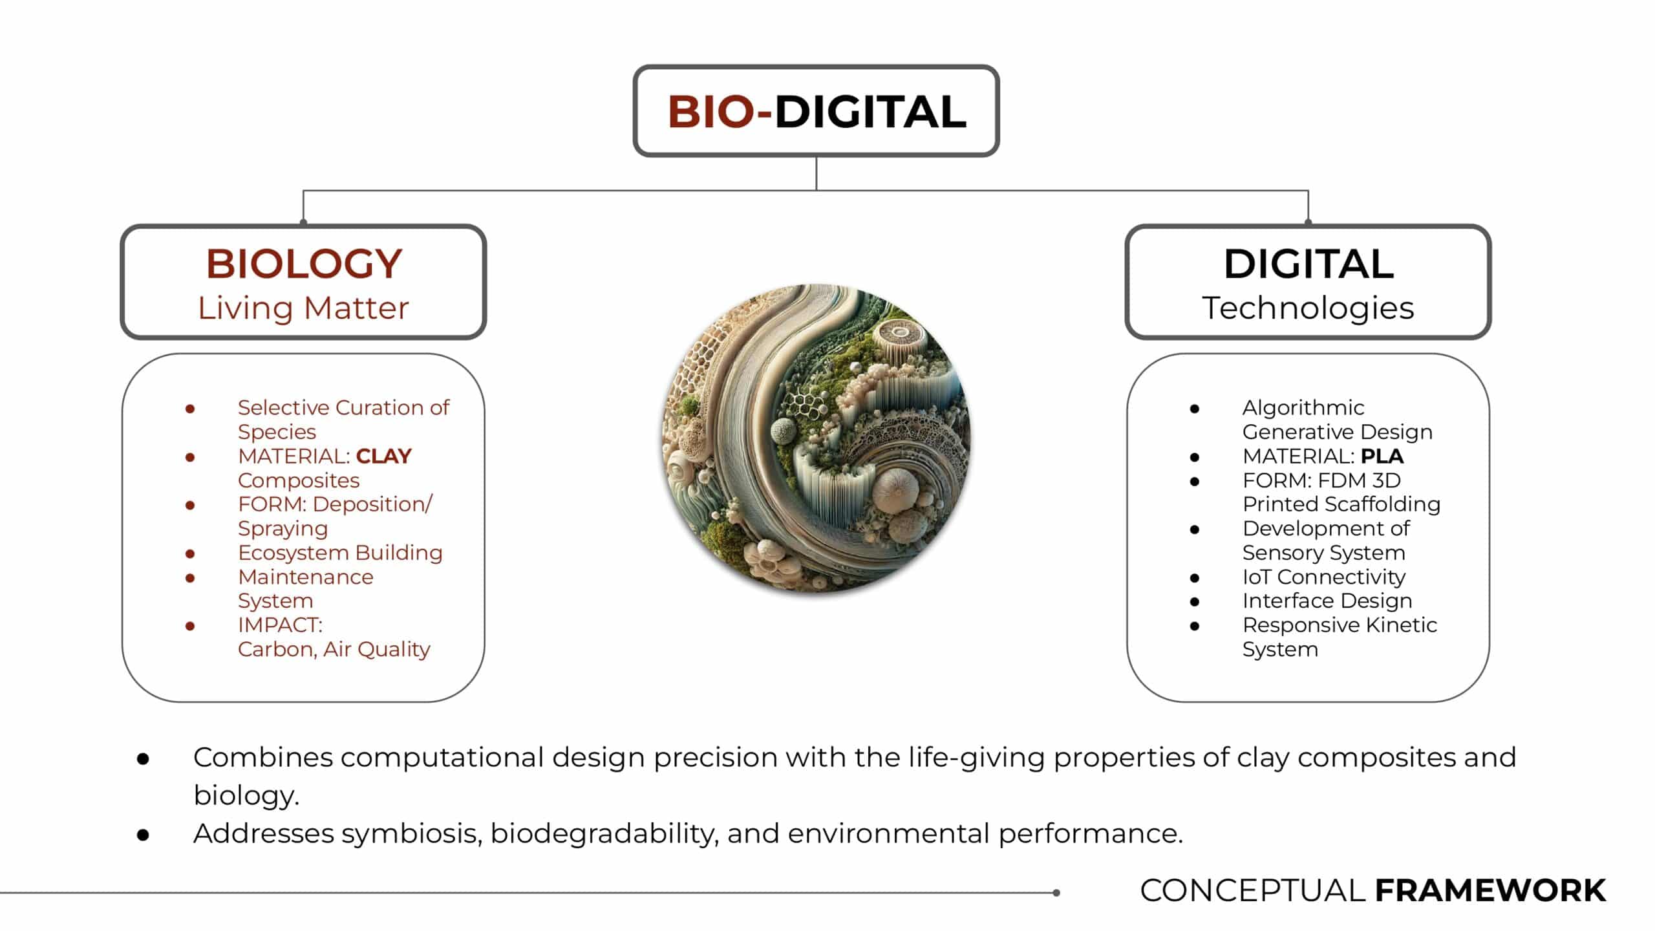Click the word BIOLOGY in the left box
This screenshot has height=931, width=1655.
tap(304, 264)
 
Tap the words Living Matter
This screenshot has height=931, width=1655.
tap(303, 308)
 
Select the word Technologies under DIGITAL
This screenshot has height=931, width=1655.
tap(1308, 308)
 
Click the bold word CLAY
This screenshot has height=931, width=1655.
tap(383, 456)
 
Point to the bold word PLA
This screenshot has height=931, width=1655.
tap(1382, 456)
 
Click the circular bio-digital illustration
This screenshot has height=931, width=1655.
tap(816, 438)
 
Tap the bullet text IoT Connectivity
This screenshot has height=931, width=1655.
tap(1323, 577)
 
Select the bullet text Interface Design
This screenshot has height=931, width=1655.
tap(1327, 601)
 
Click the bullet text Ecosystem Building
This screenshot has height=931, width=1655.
tap(340, 553)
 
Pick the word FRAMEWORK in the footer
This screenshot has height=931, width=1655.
tap(1490, 890)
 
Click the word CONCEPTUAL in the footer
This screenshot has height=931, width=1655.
tap(1252, 890)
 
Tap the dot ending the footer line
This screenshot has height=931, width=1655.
tap(1056, 893)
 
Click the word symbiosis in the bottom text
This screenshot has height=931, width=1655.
tap(411, 834)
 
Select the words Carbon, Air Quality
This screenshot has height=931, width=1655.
tap(334, 649)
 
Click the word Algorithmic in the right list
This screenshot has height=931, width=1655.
tap(1303, 408)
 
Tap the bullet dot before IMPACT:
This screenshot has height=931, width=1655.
tap(190, 626)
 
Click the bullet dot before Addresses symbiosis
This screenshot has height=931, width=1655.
tap(143, 835)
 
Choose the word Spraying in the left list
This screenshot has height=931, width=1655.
tap(283, 529)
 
